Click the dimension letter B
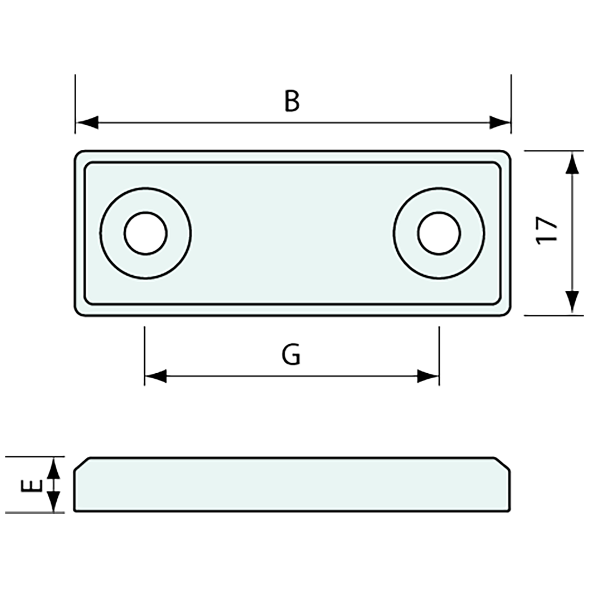(x=291, y=101)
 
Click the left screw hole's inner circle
(x=146, y=233)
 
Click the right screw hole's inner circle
(x=439, y=233)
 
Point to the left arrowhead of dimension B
(x=87, y=123)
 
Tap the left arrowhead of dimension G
(x=156, y=376)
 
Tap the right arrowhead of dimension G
(x=428, y=376)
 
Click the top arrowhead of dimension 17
(x=572, y=162)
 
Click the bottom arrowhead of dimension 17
(x=572, y=303)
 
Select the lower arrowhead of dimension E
(x=53, y=502)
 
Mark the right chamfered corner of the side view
(x=503, y=464)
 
